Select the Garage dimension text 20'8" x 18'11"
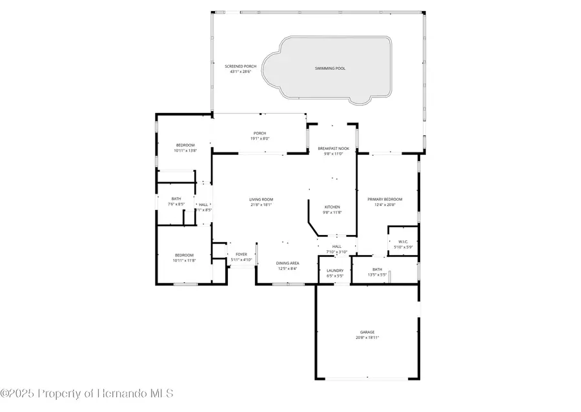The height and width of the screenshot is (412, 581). (x=367, y=337)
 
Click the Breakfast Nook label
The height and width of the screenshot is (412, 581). (x=333, y=149)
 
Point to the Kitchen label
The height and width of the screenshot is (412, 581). (x=332, y=207)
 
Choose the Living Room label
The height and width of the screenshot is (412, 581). (x=261, y=200)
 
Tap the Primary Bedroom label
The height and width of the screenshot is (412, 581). (x=385, y=200)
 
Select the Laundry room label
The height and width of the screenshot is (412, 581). (x=334, y=271)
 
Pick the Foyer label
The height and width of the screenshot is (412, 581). (x=241, y=254)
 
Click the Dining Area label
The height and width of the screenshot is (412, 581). (x=287, y=263)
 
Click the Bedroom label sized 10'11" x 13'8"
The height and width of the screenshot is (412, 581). (x=184, y=145)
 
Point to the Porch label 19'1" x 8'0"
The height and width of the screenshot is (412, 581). (x=260, y=133)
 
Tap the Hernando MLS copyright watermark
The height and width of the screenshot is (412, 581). (x=87, y=393)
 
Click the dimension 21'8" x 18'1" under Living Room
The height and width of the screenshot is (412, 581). (x=261, y=205)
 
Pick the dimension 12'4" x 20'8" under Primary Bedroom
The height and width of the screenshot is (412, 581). (x=385, y=205)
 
